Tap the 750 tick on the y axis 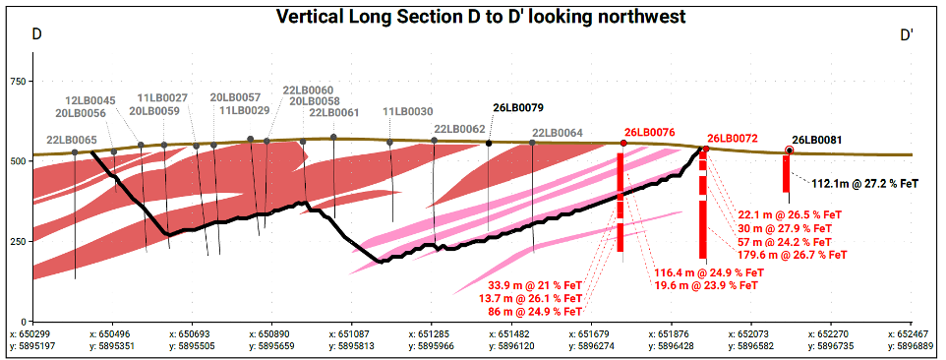(18, 82)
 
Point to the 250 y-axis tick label (18, 241)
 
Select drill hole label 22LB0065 (72, 140)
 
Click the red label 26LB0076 (649, 132)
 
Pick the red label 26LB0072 (732, 139)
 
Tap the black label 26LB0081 (817, 140)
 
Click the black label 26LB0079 (518, 108)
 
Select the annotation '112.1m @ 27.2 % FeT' (865, 183)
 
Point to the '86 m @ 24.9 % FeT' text (535, 312)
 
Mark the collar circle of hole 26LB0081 (789, 150)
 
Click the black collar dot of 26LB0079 (489, 143)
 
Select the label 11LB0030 (407, 111)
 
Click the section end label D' (907, 35)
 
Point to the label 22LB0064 (558, 133)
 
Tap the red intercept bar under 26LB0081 (786, 174)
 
